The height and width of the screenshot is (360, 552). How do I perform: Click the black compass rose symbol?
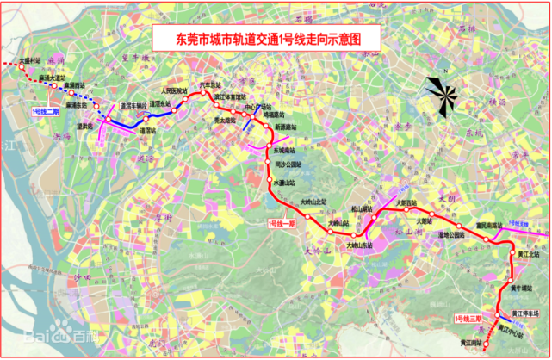coord(442,94)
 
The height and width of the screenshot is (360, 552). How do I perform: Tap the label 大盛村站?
coord(31,62)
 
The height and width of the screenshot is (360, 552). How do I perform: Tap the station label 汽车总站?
coord(211,85)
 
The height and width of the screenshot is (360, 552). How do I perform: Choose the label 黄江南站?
coord(473,343)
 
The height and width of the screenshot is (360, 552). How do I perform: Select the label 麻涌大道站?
coord(53,77)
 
